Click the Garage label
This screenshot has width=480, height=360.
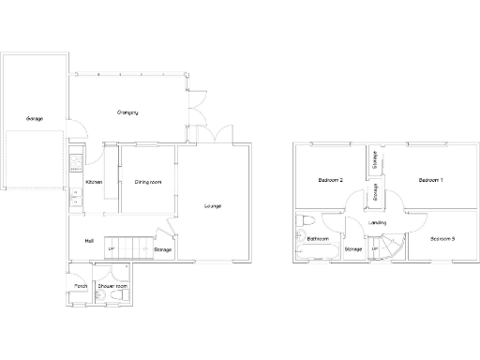(x=34, y=119)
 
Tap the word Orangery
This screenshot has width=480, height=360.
(x=127, y=112)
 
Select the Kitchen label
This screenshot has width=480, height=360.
(x=94, y=182)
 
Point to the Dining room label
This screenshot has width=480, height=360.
(x=148, y=182)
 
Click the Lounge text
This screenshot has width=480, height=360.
(x=214, y=205)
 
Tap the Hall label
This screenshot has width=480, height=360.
(x=88, y=241)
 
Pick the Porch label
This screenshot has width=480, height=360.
(x=81, y=286)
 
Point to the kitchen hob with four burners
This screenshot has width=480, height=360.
(x=75, y=160)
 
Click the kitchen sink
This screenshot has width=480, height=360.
(x=75, y=196)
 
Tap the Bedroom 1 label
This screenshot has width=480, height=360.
(x=430, y=179)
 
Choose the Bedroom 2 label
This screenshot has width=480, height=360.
(x=330, y=179)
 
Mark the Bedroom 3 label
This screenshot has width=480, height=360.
(x=442, y=238)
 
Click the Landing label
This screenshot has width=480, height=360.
(x=378, y=222)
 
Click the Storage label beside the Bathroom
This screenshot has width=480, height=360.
(x=353, y=248)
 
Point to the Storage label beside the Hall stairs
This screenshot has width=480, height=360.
(x=162, y=249)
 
